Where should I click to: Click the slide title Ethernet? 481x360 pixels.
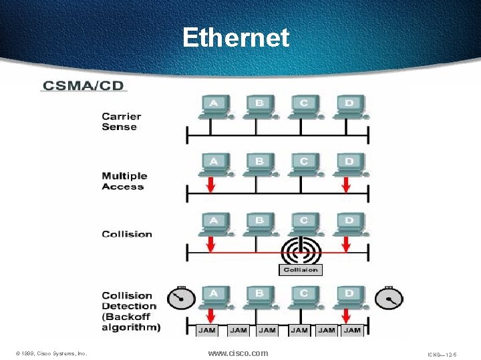click(x=236, y=37)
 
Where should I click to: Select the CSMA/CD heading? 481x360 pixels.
click(x=84, y=85)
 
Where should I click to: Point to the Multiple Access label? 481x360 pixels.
click(x=124, y=181)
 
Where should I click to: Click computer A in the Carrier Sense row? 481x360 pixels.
click(x=214, y=105)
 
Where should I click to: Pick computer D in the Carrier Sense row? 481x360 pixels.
click(x=349, y=105)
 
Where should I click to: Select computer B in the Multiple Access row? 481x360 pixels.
click(x=259, y=164)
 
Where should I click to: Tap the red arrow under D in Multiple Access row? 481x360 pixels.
click(x=346, y=183)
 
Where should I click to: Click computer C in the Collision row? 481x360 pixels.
click(x=304, y=223)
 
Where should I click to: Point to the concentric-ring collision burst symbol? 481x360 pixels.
click(x=301, y=251)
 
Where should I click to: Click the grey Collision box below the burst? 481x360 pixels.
click(x=300, y=269)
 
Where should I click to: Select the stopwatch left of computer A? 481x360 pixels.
click(x=178, y=298)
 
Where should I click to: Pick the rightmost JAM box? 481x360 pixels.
click(x=352, y=329)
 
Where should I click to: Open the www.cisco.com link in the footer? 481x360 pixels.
click(x=238, y=353)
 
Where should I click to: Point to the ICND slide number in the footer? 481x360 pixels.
click(x=443, y=354)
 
